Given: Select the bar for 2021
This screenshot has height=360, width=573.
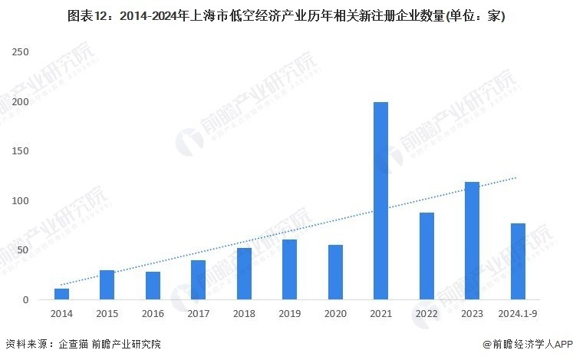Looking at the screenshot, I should pyautogui.click(x=380, y=200).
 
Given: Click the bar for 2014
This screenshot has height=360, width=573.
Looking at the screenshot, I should pyautogui.click(x=61, y=294).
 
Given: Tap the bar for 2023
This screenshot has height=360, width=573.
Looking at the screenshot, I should pyautogui.click(x=472, y=240).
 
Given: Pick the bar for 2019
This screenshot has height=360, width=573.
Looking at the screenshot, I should pyautogui.click(x=289, y=269).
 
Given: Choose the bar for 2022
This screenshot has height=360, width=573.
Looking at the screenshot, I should pyautogui.click(x=426, y=256).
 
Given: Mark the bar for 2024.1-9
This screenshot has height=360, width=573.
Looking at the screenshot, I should pyautogui.click(x=518, y=261).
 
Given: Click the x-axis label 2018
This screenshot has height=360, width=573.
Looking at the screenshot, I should pyautogui.click(x=244, y=313).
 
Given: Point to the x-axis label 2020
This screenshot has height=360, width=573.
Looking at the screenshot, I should pyautogui.click(x=335, y=313).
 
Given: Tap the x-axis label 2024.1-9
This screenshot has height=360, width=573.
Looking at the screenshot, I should pyautogui.click(x=518, y=313).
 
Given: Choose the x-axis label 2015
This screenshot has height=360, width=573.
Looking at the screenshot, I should pyautogui.click(x=107, y=313).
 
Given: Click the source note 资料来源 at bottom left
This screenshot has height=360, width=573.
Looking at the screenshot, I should pyautogui.click(x=84, y=345).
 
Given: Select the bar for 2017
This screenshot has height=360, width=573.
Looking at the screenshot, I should pyautogui.click(x=198, y=280).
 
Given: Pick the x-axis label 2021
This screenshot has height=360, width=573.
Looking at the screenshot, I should pyautogui.click(x=380, y=313).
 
